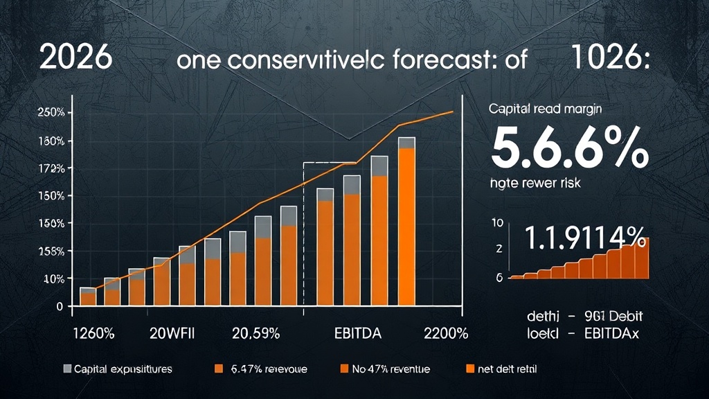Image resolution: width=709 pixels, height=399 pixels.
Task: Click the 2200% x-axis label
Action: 445,333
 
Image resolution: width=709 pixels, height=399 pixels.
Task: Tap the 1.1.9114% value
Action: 585,238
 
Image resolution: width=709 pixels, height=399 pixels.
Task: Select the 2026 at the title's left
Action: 76,58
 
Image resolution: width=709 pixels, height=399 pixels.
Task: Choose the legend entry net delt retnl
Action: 503,369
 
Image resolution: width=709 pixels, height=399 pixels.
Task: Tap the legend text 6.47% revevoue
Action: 269,369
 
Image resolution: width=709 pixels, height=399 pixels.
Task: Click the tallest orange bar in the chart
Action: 406,225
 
